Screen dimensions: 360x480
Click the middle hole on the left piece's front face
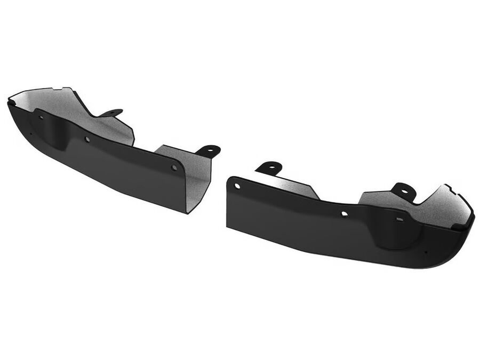click(87, 139)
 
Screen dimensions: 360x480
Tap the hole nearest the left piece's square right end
click(174, 167)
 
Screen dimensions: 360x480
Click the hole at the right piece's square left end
click(237, 186)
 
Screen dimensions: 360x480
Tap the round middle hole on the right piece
click(345, 214)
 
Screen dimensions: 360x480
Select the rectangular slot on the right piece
click(399, 219)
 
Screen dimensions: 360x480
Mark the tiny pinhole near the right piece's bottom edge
click(425, 252)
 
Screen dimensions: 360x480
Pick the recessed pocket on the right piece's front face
click(395, 235)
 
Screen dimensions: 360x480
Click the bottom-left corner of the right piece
click(228, 227)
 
